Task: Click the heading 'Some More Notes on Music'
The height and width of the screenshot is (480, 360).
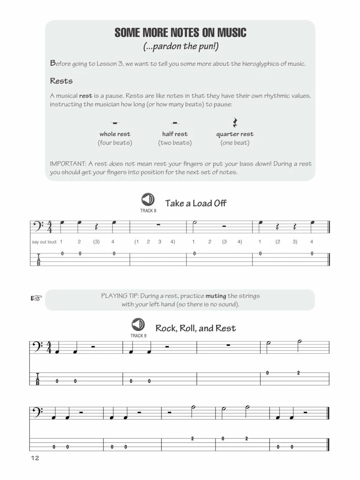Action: pyautogui.click(x=180, y=32)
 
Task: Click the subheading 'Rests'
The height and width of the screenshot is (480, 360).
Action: pyautogui.click(x=61, y=81)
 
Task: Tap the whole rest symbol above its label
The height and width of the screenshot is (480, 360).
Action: pyautogui.click(x=115, y=123)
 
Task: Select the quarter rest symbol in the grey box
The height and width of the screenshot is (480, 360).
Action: pyautogui.click(x=235, y=122)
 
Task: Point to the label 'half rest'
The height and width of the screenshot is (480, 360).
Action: pyautogui.click(x=175, y=134)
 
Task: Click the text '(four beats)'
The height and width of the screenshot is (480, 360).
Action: pyautogui.click(x=115, y=143)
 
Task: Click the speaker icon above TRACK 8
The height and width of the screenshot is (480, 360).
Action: pyautogui.click(x=148, y=200)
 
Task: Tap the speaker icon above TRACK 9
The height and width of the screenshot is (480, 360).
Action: pyautogui.click(x=138, y=324)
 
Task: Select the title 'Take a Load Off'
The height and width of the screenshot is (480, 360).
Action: pyautogui.click(x=195, y=203)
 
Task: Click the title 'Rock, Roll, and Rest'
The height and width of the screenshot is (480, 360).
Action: pyautogui.click(x=195, y=328)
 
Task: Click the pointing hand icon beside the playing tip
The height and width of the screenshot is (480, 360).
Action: pyautogui.click(x=37, y=298)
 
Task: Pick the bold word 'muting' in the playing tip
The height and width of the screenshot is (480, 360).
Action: pyautogui.click(x=216, y=296)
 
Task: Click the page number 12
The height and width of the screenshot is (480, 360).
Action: pyautogui.click(x=34, y=458)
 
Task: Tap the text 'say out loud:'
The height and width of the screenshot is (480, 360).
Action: pyautogui.click(x=44, y=242)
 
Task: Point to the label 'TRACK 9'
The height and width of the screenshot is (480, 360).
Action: pyautogui.click(x=138, y=335)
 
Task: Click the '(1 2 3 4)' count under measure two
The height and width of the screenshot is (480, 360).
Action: pyautogui.click(x=154, y=242)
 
